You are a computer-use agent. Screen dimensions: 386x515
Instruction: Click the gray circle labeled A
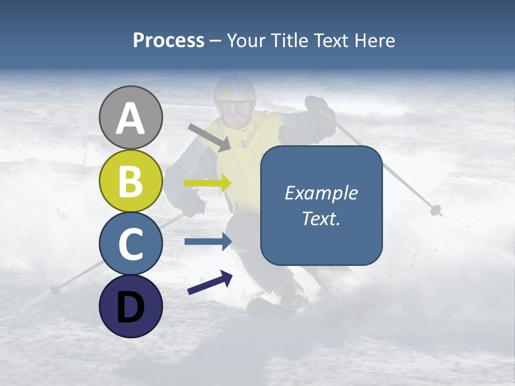[130, 117]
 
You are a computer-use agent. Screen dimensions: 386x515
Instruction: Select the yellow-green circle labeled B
[130, 181]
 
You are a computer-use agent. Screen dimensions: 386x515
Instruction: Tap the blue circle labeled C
[130, 243]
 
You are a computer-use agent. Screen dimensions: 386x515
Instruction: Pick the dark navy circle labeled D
[130, 306]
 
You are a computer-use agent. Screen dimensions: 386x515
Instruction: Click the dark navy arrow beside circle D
[210, 283]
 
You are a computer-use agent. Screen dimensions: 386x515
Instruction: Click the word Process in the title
[168, 40]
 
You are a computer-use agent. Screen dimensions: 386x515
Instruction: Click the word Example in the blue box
[321, 193]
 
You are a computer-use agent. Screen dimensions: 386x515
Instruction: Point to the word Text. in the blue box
[321, 218]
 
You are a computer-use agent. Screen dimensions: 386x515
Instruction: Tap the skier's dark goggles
[236, 109]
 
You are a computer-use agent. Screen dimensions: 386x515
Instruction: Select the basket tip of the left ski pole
[55, 289]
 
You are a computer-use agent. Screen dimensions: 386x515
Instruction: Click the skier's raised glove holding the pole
[317, 104]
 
